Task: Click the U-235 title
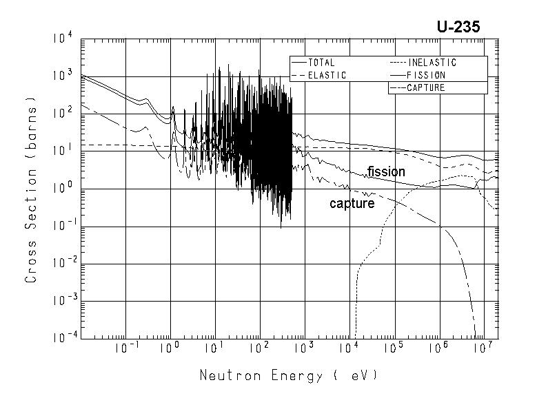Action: [458, 27]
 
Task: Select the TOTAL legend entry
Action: [321, 63]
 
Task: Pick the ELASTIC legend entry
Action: [326, 75]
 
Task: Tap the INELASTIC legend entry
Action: [432, 63]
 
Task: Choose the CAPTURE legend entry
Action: [425, 87]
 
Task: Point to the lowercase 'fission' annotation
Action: [386, 172]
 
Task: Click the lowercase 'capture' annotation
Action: [352, 204]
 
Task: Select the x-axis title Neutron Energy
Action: [288, 376]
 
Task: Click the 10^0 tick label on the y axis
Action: [61, 188]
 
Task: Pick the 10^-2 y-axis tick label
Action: [59, 263]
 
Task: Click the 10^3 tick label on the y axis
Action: [61, 76]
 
